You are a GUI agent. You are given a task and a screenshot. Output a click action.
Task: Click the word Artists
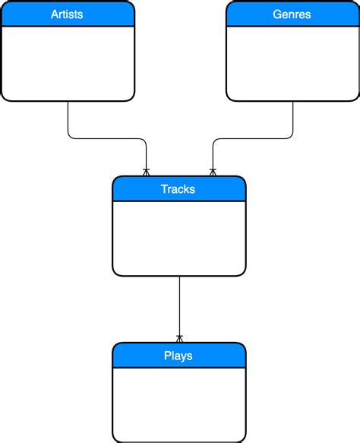pyautogui.click(x=67, y=14)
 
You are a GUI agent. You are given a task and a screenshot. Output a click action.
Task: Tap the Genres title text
pyautogui.click(x=292, y=14)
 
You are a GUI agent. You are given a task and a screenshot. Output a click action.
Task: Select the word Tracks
pyautogui.click(x=178, y=189)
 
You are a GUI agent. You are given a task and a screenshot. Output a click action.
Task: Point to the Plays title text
pyautogui.click(x=178, y=356)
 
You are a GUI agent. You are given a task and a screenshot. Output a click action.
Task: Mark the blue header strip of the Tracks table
pyautogui.click(x=137, y=189)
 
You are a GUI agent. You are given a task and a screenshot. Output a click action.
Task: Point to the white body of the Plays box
pyautogui.click(x=178, y=403)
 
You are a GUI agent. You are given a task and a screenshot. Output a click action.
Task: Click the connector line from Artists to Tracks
pyautogui.click(x=106, y=138)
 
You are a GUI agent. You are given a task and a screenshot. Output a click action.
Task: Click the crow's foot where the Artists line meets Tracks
pyautogui.click(x=146, y=172)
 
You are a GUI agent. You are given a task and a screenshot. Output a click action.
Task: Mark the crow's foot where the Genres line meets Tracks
pyautogui.click(x=213, y=172)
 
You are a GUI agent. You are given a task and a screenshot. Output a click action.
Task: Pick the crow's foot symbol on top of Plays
pyautogui.click(x=179, y=338)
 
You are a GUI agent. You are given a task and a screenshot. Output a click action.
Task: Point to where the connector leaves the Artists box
pyautogui.click(x=68, y=103)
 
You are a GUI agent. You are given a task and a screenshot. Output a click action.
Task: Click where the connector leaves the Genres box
pyautogui.click(x=292, y=103)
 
